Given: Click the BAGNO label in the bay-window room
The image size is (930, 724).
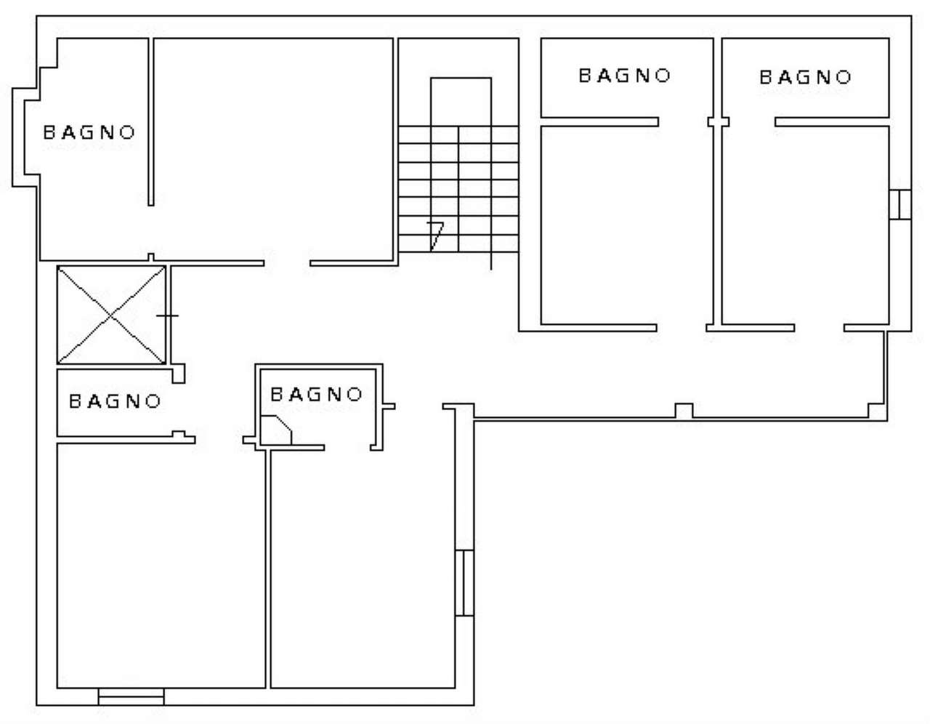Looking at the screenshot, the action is pyautogui.click(x=89, y=133).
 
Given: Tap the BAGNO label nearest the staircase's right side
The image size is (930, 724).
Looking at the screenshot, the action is pyautogui.click(x=624, y=76).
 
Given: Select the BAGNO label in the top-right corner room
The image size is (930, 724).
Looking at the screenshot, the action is pyautogui.click(x=805, y=78).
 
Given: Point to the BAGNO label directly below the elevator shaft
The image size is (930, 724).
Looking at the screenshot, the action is pyautogui.click(x=115, y=401).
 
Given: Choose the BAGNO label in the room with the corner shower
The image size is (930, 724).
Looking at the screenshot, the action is pyautogui.click(x=317, y=394).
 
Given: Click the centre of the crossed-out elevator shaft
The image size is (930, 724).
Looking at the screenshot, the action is pyautogui.click(x=111, y=315).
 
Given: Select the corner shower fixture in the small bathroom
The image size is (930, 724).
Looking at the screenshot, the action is pyautogui.click(x=276, y=430).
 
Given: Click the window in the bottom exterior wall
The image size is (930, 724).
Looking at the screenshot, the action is pyautogui.click(x=131, y=696).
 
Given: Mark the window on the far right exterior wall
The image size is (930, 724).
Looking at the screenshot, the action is pyautogui.click(x=900, y=205).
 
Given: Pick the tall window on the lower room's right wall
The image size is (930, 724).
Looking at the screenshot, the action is pyautogui.click(x=464, y=583).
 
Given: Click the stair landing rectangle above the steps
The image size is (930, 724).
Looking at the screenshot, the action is pyautogui.click(x=461, y=102).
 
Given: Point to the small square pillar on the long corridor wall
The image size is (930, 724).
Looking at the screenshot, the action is pyautogui.click(x=684, y=411).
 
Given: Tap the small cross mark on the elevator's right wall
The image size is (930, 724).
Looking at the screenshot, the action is pyautogui.click(x=167, y=316).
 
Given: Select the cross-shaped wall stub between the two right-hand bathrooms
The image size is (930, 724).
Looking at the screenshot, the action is pyautogui.click(x=718, y=122).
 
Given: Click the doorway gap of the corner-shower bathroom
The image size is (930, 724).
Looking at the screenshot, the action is pyautogui.click(x=347, y=448).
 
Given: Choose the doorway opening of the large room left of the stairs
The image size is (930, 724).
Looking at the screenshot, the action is pyautogui.click(x=287, y=263).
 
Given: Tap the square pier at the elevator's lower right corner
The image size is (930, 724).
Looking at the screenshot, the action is pyautogui.click(x=179, y=374).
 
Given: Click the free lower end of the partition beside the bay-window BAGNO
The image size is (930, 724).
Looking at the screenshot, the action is pyautogui.click(x=151, y=206).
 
